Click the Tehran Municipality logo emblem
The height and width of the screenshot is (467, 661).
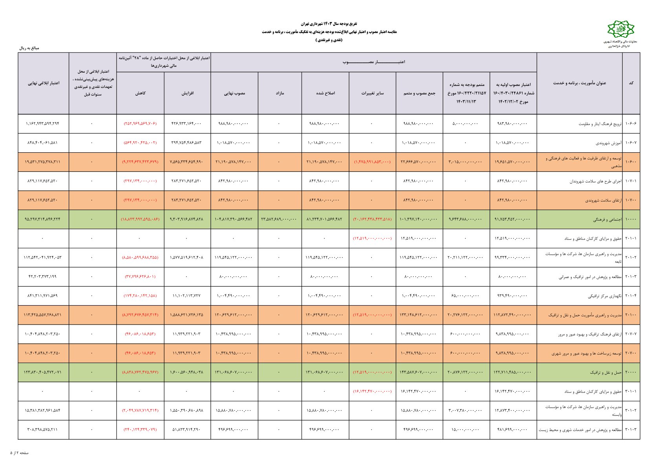click(x=621, y=30)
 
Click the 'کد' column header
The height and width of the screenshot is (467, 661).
click(x=631, y=83)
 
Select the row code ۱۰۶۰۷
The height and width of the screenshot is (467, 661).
click(x=631, y=143)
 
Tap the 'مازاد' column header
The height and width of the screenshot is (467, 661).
click(x=280, y=93)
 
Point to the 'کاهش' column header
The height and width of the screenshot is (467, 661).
click(x=140, y=93)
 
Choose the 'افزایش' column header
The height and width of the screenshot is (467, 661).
click(x=187, y=93)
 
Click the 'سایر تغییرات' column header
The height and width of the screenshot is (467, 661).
click(x=372, y=93)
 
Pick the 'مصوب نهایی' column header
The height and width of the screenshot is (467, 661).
click(x=234, y=93)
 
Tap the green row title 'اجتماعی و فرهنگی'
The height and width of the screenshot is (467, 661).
click(x=607, y=220)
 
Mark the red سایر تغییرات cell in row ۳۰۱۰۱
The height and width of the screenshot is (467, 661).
click(x=372, y=391)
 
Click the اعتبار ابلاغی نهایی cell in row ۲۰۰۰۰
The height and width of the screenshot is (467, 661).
click(x=43, y=372)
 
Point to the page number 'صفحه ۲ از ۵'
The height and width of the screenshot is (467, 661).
click(x=20, y=453)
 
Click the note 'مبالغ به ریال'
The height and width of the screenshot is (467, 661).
click(x=29, y=48)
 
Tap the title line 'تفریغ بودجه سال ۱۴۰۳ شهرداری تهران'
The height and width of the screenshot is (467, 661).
click(x=329, y=24)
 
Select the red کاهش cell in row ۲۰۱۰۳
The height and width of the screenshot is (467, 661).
click(x=140, y=277)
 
